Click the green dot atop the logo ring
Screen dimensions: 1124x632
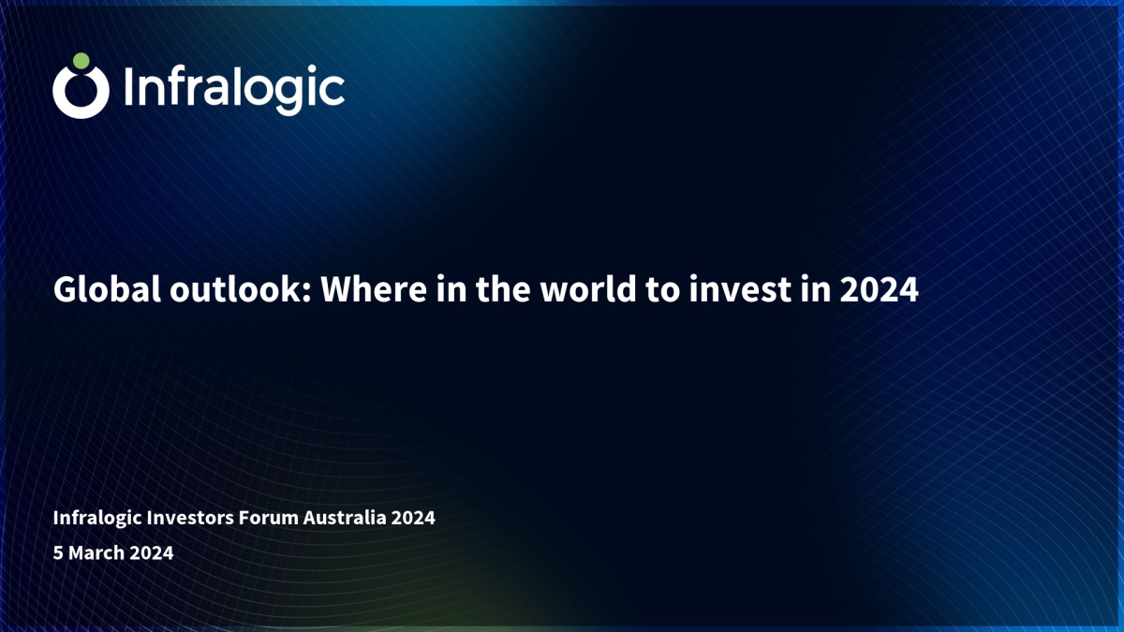81,61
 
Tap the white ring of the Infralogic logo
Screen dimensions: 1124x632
55,93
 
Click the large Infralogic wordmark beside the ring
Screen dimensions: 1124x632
234,89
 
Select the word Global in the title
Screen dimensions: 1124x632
107,289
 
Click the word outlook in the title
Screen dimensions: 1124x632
241,289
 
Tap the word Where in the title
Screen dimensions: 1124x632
374,289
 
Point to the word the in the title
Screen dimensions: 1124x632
503,289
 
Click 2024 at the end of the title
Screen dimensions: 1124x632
880,290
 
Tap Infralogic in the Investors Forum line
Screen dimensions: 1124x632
97,518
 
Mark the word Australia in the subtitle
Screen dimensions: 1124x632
345,518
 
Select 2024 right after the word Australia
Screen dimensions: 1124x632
413,518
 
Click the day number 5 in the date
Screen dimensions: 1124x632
58,552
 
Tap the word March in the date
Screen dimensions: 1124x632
96,552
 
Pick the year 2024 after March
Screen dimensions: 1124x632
152,552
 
